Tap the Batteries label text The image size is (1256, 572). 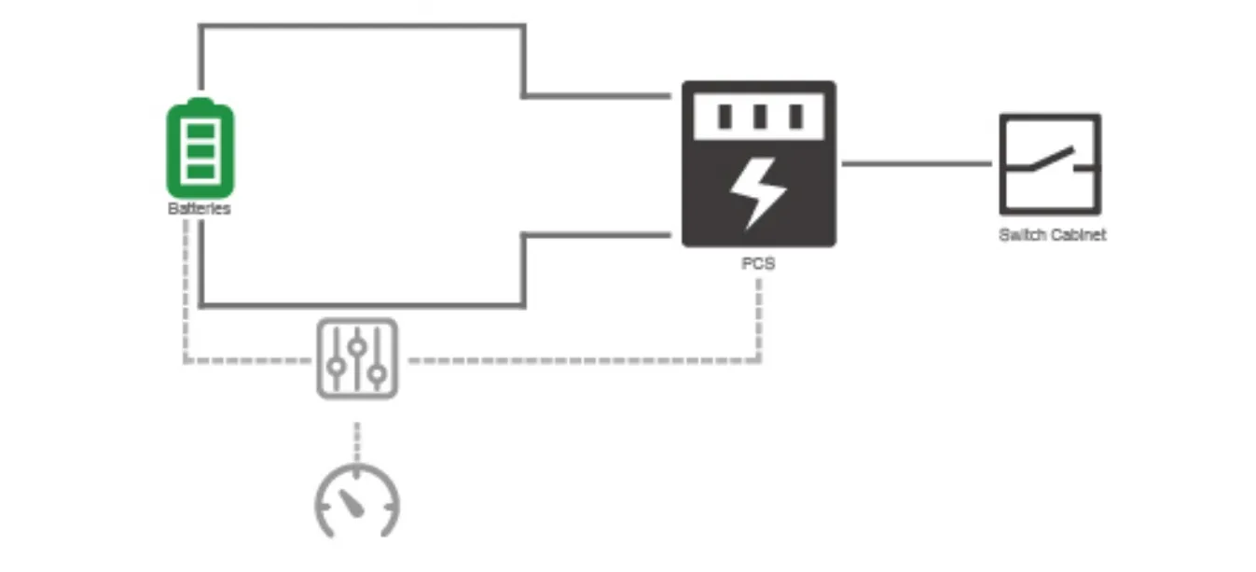(200, 209)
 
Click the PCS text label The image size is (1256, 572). (758, 264)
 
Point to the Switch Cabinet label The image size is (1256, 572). (1052, 235)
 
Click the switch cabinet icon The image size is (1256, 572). (1050, 163)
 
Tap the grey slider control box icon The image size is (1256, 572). (357, 358)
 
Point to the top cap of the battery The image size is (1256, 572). (200, 101)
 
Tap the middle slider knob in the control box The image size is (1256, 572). (357, 346)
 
